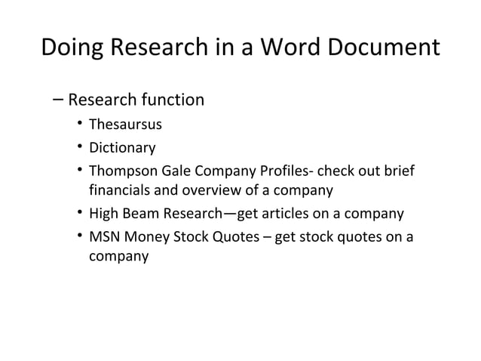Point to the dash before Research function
point(58,100)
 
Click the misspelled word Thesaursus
point(125,125)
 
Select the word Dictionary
point(123,147)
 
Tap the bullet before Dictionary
point(79,147)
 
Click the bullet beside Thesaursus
point(79,125)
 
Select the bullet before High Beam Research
point(79,214)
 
